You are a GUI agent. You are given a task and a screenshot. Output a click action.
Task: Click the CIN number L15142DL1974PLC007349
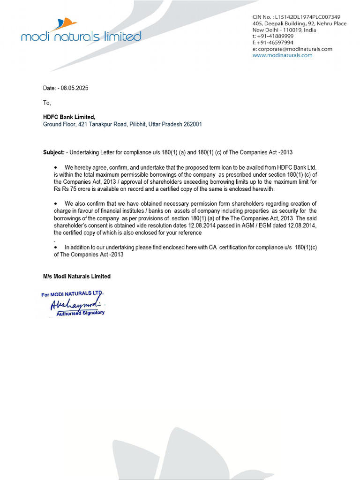pyautogui.click(x=307, y=17)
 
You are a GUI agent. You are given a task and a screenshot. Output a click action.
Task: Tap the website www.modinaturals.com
pyautogui.click(x=282, y=55)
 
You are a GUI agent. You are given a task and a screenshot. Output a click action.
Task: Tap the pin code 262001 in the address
pyautogui.click(x=193, y=125)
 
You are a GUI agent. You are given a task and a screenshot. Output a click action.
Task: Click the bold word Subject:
pyautogui.click(x=54, y=153)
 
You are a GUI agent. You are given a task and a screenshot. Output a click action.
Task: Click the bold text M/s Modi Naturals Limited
pyautogui.click(x=77, y=277)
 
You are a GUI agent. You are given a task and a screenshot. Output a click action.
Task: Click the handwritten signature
pyautogui.click(x=75, y=305)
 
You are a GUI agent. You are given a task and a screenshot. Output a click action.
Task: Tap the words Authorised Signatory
pyautogui.click(x=81, y=313)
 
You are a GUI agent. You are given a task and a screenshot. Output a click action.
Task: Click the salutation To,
pyautogui.click(x=47, y=103)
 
